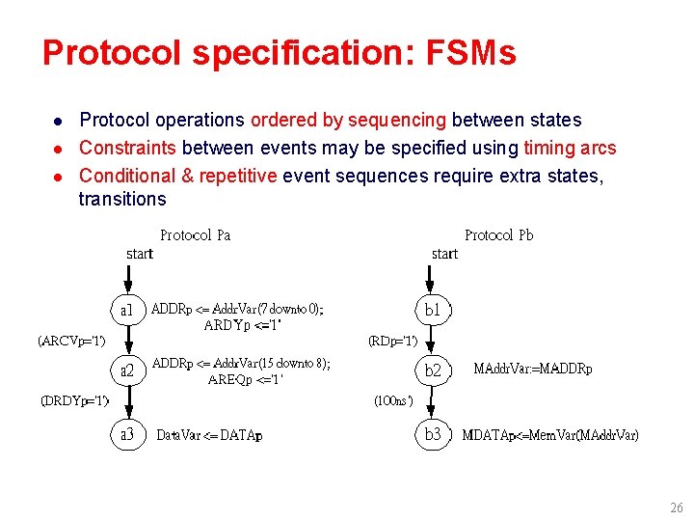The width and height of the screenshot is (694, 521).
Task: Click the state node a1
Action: [127, 311]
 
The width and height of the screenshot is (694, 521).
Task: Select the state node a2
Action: [127, 370]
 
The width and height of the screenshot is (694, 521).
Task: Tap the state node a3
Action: [127, 435]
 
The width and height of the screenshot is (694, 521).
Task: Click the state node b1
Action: [433, 311]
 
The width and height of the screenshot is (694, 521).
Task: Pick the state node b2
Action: [433, 370]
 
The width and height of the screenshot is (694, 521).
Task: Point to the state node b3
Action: [433, 435]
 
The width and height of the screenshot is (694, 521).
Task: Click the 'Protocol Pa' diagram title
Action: [195, 235]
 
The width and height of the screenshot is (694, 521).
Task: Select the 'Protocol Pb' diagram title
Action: [498, 235]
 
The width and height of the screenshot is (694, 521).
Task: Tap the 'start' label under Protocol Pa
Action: [140, 254]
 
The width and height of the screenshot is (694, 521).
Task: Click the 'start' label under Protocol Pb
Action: [444, 254]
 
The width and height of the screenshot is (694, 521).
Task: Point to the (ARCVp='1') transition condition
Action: [71, 341]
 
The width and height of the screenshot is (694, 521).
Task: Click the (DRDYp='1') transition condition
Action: [74, 400]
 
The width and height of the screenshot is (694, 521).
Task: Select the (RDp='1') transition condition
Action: [392, 341]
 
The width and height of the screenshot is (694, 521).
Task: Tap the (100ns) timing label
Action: [393, 400]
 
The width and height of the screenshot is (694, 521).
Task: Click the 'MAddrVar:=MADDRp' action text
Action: [533, 370]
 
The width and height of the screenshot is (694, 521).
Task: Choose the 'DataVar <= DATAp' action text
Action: [209, 436]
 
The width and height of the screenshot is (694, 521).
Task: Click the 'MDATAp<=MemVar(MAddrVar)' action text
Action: [549, 436]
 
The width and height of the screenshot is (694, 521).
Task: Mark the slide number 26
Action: [676, 507]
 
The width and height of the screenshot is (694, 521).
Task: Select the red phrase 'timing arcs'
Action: [569, 148]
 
